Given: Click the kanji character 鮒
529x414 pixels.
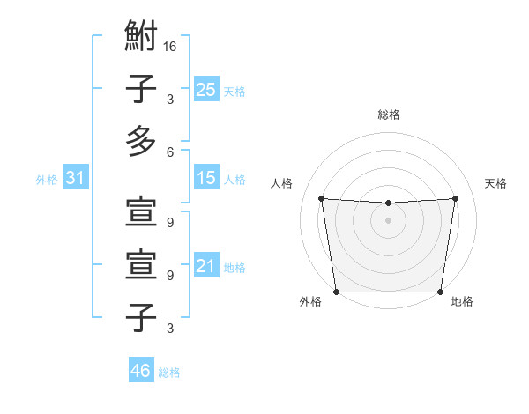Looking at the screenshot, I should (x=141, y=38).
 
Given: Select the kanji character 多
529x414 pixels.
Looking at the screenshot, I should (x=141, y=141).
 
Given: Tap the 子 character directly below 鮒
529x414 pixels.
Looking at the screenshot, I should (x=141, y=89).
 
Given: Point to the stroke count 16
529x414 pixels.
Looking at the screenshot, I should (x=170, y=47).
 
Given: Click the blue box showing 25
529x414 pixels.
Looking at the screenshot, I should (x=206, y=90).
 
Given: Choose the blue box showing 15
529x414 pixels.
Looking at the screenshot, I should (x=206, y=179).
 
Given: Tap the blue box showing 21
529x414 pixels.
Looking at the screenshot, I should (x=206, y=267).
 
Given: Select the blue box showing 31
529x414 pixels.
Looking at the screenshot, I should (x=76, y=179).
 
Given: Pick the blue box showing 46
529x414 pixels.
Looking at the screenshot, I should (x=141, y=371).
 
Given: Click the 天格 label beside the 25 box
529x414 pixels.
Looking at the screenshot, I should (x=235, y=92).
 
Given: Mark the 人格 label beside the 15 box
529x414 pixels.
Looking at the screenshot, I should (x=235, y=180).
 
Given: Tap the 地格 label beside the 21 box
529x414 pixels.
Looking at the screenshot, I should (x=235, y=268).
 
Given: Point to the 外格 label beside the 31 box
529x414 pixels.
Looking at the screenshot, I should (x=47, y=180).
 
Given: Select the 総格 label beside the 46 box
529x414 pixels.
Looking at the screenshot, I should (x=169, y=373).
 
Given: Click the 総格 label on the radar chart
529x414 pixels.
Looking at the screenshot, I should (x=389, y=115).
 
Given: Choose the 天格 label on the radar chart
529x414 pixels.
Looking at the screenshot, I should (x=496, y=183).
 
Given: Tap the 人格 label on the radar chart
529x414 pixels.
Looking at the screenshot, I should (x=282, y=183).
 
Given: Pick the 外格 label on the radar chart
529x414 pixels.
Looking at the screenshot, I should (x=310, y=301).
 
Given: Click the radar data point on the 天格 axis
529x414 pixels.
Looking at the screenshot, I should (x=456, y=198).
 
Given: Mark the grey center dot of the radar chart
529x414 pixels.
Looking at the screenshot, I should (x=388, y=219).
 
